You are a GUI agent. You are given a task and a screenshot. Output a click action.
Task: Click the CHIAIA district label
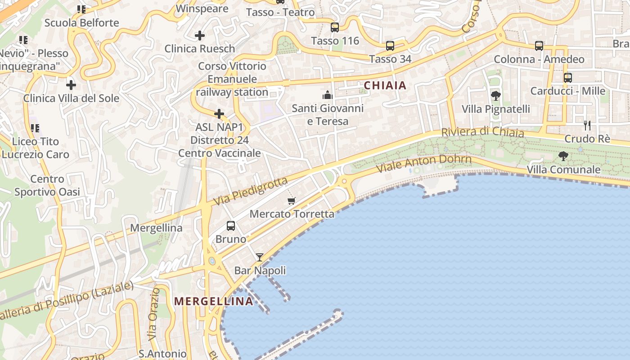point(385,85)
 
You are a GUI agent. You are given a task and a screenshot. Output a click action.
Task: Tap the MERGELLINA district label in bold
point(214,301)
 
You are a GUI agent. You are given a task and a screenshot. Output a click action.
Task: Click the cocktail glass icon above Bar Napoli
point(260,257)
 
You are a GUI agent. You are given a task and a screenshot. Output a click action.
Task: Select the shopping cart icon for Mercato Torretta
point(292,201)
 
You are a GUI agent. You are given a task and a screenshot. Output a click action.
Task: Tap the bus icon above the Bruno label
point(231,226)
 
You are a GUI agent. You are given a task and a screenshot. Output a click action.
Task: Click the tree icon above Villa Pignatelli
point(496,95)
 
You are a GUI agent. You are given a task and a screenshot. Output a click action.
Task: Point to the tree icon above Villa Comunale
point(563,156)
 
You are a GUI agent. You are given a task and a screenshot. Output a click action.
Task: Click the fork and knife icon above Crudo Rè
point(587,126)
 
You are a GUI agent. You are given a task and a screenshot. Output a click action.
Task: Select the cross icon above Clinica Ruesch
point(200,35)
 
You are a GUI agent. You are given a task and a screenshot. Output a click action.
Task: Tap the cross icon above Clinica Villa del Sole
point(71,85)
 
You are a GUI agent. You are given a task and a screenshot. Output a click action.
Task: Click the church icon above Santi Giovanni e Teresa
point(327,95)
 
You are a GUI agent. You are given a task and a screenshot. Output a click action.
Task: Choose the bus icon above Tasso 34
point(390,46)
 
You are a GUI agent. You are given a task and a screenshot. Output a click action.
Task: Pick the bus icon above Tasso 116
point(335,27)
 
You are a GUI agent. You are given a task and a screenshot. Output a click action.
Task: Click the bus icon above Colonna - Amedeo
point(539,46)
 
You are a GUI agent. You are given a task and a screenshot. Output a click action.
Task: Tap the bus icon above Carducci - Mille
point(568,78)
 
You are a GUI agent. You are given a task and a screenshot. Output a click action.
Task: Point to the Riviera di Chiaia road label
point(482,132)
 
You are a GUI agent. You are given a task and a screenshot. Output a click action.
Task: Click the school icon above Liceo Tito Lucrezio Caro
point(35,128)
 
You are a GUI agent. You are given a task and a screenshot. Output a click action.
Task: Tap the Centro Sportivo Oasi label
point(47,185)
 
